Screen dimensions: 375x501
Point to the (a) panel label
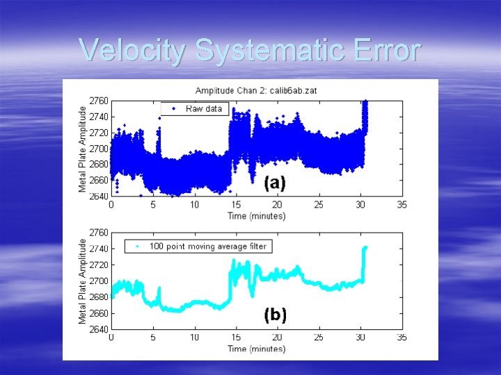[275, 183]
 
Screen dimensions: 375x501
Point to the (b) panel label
[275, 315]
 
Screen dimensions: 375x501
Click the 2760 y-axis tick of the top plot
[99, 101]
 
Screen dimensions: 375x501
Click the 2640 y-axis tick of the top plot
[99, 196]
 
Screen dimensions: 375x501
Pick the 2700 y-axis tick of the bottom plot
[99, 281]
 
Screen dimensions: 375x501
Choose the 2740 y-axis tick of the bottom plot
[99, 249]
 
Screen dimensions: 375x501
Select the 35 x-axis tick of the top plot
[401, 205]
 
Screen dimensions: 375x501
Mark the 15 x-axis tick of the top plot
[236, 205]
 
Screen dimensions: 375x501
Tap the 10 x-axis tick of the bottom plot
[194, 337]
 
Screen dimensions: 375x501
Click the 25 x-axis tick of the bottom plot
[319, 337]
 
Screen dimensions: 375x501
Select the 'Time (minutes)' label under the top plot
[256, 215]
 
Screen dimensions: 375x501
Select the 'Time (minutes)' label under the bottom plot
[256, 348]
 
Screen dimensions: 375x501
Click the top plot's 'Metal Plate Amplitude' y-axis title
[83, 149]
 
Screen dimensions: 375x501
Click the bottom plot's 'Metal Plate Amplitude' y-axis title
[83, 281]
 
